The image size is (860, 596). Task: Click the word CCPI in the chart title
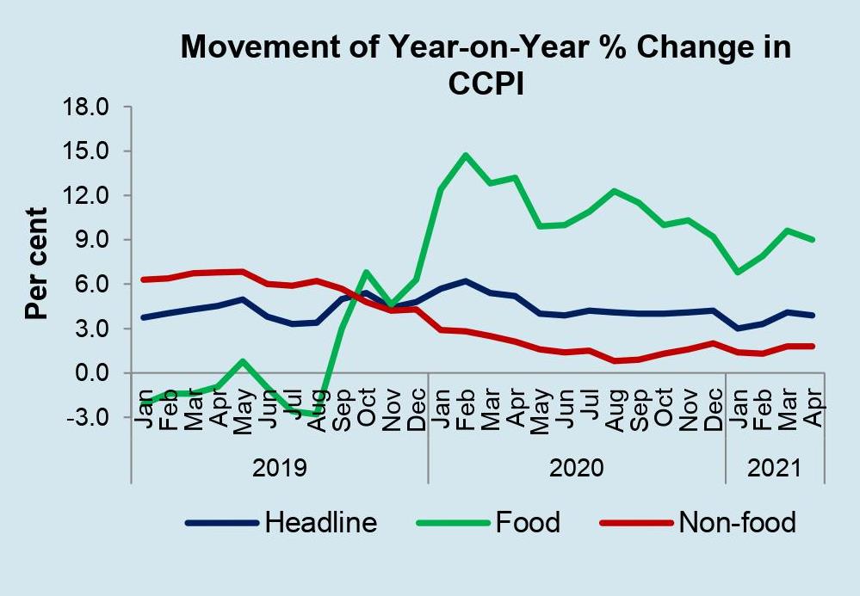pyautogui.click(x=486, y=83)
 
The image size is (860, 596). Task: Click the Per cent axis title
pyautogui.click(x=36, y=262)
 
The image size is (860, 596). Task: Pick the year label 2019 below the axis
pyautogui.click(x=280, y=469)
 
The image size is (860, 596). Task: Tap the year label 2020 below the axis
pyautogui.click(x=577, y=469)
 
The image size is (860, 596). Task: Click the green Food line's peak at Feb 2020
pyautogui.click(x=466, y=155)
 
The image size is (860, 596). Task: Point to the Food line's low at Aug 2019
pyautogui.click(x=317, y=415)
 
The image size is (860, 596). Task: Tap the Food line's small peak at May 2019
pyautogui.click(x=244, y=361)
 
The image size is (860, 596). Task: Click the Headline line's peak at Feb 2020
pyautogui.click(x=466, y=281)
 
